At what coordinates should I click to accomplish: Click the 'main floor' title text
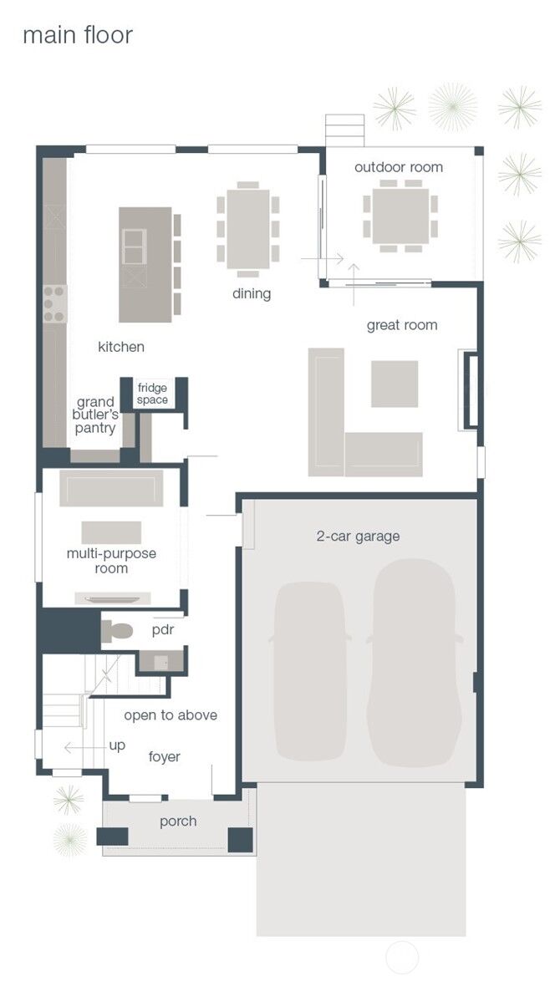point(78,35)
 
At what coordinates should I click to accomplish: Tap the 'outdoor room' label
point(399,167)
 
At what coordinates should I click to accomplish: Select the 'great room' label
point(402,326)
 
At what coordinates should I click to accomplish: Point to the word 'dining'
point(252,294)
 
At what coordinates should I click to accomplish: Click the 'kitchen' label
point(121,347)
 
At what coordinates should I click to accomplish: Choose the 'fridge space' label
point(153,394)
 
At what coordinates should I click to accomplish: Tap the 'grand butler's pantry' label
point(95,415)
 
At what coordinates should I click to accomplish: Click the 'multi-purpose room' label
point(111,561)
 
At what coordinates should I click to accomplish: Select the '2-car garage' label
point(358,536)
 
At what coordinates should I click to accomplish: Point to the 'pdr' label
point(163,630)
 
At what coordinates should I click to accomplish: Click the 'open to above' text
point(171,715)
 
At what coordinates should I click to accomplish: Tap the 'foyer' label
point(164,756)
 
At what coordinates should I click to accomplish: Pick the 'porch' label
point(178,822)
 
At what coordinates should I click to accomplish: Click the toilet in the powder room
point(116,632)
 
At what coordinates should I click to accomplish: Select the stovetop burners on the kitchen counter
point(54,304)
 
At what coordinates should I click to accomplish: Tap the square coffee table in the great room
point(395,384)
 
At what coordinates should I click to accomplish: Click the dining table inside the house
point(248,229)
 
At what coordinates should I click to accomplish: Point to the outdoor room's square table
point(400,216)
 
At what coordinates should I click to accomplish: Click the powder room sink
point(160,661)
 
